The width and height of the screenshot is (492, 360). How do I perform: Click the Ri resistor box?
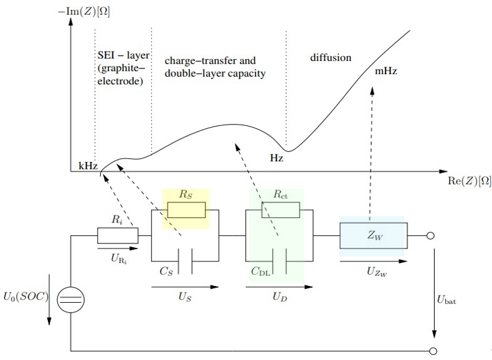tap(118, 236)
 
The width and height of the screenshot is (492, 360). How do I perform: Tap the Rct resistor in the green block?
tap(276, 211)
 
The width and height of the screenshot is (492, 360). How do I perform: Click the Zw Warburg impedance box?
tap(372, 236)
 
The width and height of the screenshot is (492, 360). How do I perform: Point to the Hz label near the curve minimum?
tap(277, 158)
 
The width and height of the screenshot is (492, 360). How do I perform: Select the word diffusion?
tap(331, 58)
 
